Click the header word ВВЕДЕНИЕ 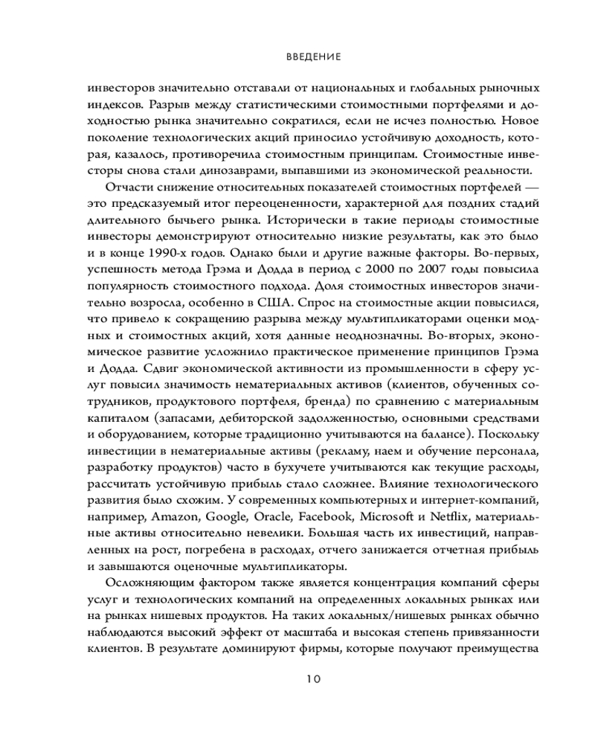click(x=312, y=56)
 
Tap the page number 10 click(x=312, y=678)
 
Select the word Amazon click(x=176, y=515)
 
